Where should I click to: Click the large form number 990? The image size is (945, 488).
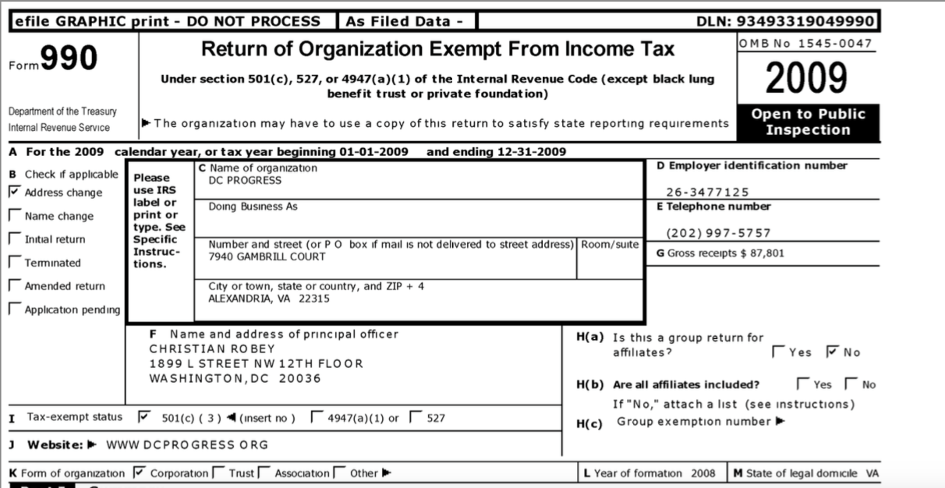pos(69,58)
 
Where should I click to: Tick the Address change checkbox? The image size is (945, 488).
pos(14,192)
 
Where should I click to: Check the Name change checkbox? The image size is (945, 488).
pos(14,215)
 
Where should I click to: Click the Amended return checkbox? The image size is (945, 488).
pos(14,285)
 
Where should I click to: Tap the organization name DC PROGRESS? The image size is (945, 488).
pos(246,180)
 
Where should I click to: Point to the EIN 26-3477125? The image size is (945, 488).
pos(707,192)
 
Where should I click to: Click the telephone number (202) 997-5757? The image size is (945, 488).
pos(718,232)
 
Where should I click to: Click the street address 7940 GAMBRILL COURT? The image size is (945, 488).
pos(257,256)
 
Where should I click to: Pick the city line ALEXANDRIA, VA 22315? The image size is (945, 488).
pos(269,298)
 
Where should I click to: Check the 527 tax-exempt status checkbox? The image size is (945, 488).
pos(416,417)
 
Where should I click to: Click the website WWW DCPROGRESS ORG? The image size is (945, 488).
pos(187,444)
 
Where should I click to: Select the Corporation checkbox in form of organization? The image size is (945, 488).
pos(140,472)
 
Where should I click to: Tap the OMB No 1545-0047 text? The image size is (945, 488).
pos(805,44)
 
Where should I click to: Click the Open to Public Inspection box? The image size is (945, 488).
pos(808,122)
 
